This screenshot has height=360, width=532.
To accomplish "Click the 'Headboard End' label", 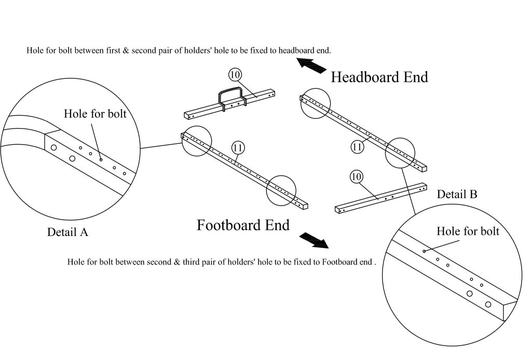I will tap(379, 77).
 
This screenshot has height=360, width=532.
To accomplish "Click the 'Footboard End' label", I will tap(243, 225).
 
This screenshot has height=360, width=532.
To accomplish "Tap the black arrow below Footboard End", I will tap(315, 240).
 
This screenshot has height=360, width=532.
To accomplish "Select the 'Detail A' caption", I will tap(67, 232).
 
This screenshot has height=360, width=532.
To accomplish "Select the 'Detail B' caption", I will tap(457, 195).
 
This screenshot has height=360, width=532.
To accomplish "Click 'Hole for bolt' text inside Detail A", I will tap(95, 114).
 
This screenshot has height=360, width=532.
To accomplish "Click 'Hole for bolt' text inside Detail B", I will tap(468, 231).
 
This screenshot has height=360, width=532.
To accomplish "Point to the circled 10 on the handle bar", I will tap(235, 75).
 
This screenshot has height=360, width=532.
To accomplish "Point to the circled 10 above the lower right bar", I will tap(356, 177).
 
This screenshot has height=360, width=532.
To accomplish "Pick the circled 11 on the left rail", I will tap(238, 148).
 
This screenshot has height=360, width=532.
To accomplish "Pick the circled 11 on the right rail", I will tap(357, 147).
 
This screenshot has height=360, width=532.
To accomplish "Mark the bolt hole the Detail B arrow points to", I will tap(424, 252).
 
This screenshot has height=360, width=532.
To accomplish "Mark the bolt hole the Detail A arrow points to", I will tap(101, 160).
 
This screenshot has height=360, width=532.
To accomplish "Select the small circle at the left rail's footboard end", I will tap(281, 190).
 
